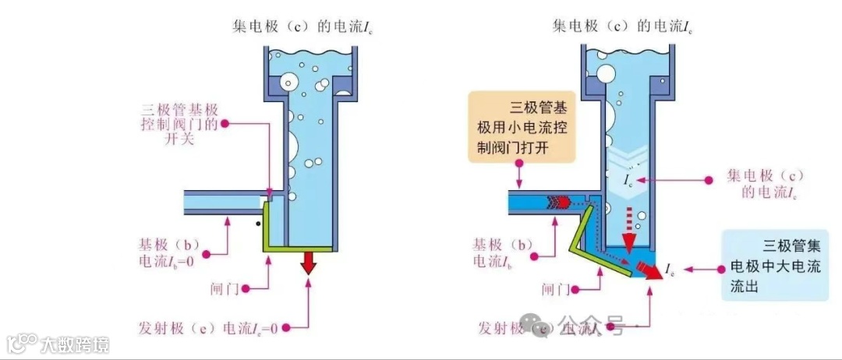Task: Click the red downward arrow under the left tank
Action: [x=310, y=263]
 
